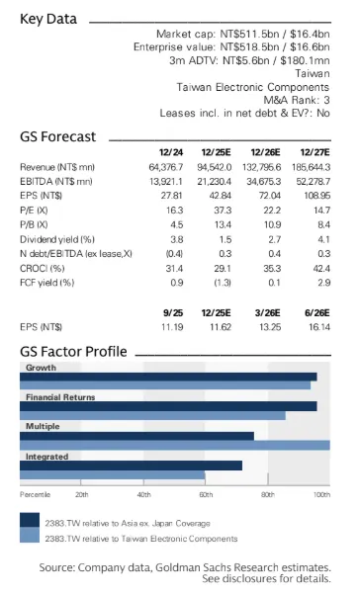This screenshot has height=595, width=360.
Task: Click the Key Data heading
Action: pyautogui.click(x=48, y=19)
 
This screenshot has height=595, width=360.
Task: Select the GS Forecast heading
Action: pyautogui.click(x=57, y=136)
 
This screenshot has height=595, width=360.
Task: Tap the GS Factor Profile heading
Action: pyautogui.click(x=73, y=352)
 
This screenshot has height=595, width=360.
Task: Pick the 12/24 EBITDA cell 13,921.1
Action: pyautogui.click(x=166, y=182)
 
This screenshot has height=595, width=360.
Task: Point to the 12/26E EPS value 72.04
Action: pyautogui.click(x=270, y=196)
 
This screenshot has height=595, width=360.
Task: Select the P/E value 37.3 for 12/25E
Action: pyautogui.click(x=223, y=211)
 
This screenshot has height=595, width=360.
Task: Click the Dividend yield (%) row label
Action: pyautogui.click(x=57, y=239)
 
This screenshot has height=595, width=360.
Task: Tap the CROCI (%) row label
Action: pyautogui.click(x=43, y=268)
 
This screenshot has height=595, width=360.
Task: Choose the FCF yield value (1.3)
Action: pyautogui.click(x=223, y=283)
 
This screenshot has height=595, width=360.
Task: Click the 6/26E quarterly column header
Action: pyautogui.click(x=317, y=313)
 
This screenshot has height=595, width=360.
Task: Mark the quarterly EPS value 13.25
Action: pyautogui.click(x=270, y=327)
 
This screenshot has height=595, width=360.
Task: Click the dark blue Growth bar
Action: pyautogui.click(x=168, y=377)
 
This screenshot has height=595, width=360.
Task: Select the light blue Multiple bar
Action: pyautogui.click(x=175, y=445)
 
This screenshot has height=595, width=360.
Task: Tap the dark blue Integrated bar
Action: pyautogui.click(x=131, y=466)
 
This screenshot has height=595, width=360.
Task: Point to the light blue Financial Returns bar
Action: pyautogui.click(x=152, y=415)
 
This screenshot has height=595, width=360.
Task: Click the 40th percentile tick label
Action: pyautogui.click(x=144, y=495)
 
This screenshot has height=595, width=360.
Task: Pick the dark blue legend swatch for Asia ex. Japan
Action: pyautogui.click(x=30, y=520)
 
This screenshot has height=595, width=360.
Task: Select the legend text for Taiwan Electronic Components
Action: pyautogui.click(x=141, y=539)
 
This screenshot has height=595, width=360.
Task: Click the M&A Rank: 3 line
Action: pyautogui.click(x=297, y=100)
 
